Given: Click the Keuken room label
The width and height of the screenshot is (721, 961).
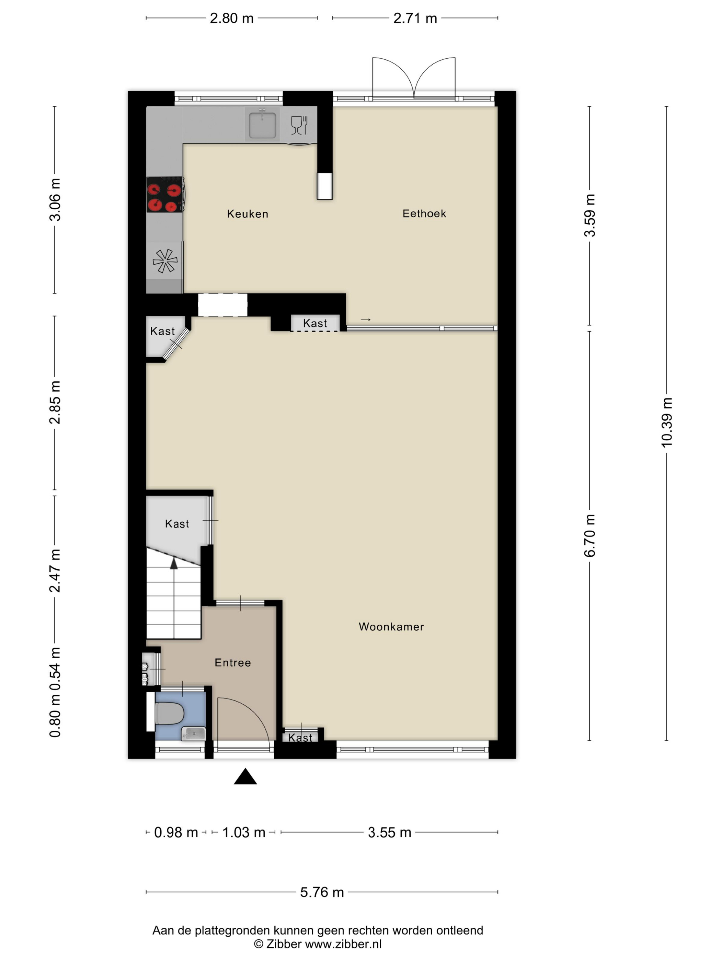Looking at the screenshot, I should coord(247,214).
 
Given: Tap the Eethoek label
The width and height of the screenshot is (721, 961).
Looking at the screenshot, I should coord(424,213).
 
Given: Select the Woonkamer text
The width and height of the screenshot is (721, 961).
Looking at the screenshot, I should coord(391,626).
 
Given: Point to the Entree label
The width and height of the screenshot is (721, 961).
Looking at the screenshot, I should coord(232,662).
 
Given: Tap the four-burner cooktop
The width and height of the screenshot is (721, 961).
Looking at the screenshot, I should coord(164,195).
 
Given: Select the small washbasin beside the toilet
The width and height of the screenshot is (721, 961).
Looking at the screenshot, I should coord(193,734).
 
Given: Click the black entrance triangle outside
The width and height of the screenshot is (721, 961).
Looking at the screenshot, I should coord(245,777).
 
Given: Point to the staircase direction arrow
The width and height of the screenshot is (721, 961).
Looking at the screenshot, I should coord(174,564).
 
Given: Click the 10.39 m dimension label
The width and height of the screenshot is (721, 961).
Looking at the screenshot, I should coord(666,422).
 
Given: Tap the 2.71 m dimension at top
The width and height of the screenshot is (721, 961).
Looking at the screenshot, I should coord(415,18).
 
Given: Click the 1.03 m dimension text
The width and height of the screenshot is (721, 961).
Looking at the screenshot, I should coord(243,832).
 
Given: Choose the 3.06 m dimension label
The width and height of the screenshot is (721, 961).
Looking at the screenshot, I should coord(55,199).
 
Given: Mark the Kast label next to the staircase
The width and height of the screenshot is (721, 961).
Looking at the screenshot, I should coord(177,524).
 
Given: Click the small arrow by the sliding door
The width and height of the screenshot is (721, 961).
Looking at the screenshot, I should coord(366,320).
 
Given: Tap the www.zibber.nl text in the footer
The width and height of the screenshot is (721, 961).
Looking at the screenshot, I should coord(343,944).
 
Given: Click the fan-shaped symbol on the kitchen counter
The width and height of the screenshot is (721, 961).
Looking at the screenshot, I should coord(165,260).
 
